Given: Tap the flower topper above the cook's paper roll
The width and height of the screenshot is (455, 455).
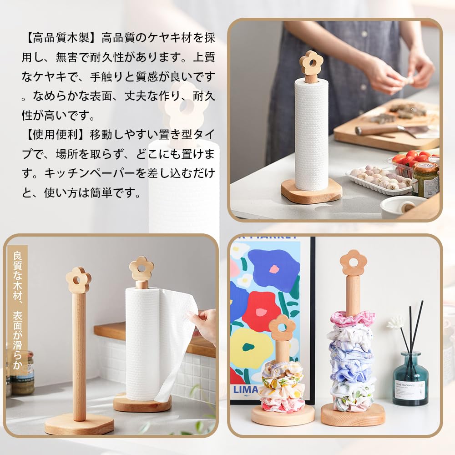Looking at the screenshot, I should click(311, 63).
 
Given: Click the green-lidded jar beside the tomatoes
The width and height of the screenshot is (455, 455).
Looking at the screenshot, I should click(425, 180).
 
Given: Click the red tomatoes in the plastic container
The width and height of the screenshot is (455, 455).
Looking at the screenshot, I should click(412, 160).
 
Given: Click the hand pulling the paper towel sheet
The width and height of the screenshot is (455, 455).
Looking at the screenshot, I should click(204, 324).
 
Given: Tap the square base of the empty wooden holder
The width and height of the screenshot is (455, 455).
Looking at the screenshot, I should click(80, 424).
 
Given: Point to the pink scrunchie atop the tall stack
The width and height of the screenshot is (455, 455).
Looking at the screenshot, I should click(353, 318).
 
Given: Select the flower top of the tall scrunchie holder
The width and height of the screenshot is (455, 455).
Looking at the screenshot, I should click(353, 263).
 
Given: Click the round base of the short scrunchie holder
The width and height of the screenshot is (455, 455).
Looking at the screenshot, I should click(283, 415).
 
